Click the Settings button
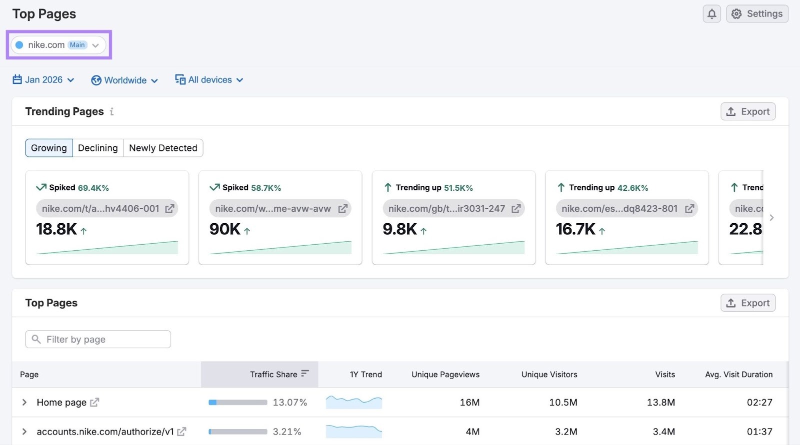tap(757, 14)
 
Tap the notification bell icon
tap(711, 14)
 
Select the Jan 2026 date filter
tap(43, 80)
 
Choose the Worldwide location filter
tap(124, 80)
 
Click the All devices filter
tap(209, 80)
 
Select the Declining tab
tap(98, 148)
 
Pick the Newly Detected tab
tap(163, 148)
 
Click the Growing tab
tap(49, 148)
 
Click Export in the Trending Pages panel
tap(747, 111)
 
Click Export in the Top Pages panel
tap(747, 303)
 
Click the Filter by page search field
tap(98, 340)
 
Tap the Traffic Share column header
tap(273, 375)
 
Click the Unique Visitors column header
tap(549, 375)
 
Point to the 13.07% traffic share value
tap(289, 403)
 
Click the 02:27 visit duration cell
tap(759, 403)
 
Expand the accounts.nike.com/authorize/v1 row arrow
tap(24, 432)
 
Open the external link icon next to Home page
tap(94, 402)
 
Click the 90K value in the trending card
tap(225, 229)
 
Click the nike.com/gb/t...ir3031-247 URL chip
tap(447, 209)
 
